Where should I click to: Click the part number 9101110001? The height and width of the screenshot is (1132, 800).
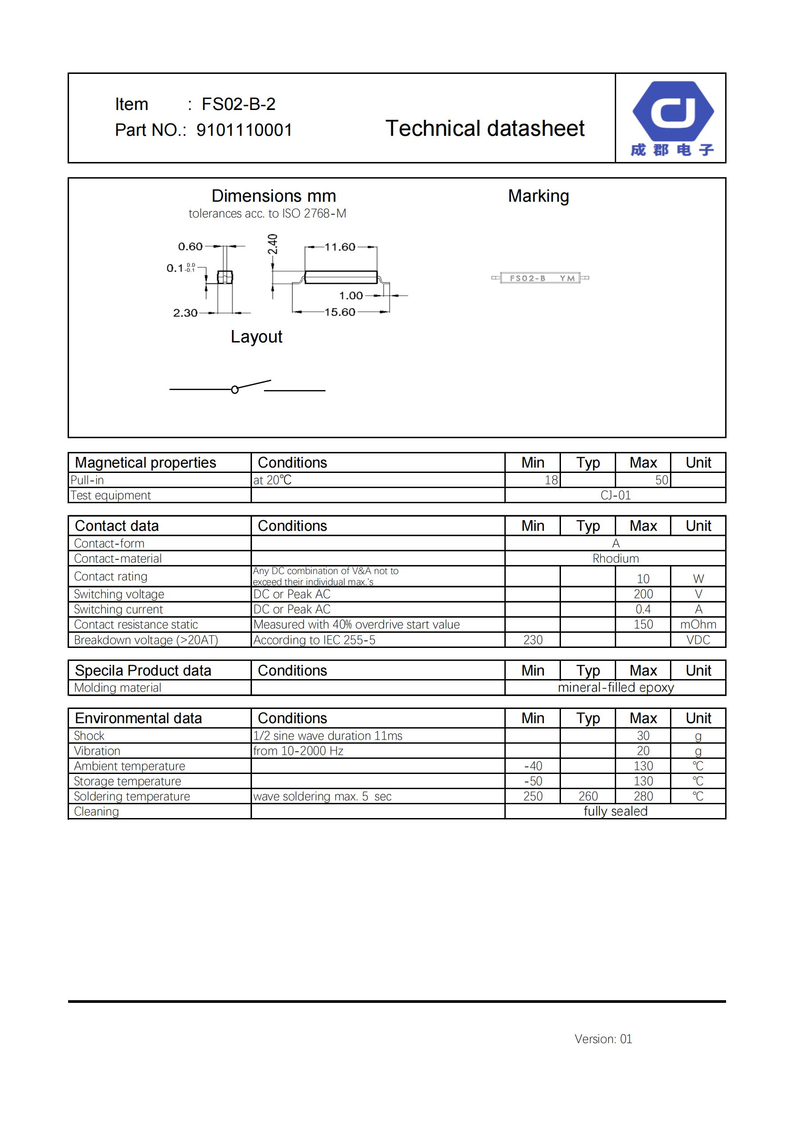click(244, 130)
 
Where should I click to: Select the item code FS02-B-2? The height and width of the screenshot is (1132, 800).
click(239, 104)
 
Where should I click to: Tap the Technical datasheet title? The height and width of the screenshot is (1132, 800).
click(484, 129)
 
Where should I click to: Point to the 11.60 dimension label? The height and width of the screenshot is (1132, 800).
click(340, 247)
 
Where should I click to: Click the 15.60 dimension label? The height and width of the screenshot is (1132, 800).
click(340, 312)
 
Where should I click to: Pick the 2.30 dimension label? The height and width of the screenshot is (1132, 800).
click(185, 313)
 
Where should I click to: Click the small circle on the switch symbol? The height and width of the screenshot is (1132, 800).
click(235, 390)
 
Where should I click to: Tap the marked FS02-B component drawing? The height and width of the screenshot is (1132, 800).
click(540, 278)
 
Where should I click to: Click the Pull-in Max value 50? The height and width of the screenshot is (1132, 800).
click(662, 480)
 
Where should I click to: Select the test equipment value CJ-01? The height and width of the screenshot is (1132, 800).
click(615, 496)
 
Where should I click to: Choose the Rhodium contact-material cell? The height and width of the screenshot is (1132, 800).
click(615, 558)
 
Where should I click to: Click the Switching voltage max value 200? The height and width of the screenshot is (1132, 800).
click(643, 594)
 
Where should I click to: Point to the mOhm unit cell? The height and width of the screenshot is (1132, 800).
click(698, 625)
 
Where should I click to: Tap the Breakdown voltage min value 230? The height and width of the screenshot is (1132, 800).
click(532, 640)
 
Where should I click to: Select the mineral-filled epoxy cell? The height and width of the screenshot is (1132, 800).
click(615, 688)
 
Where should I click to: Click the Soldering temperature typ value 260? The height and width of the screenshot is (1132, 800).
click(588, 796)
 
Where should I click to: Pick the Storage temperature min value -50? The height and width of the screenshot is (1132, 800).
click(532, 782)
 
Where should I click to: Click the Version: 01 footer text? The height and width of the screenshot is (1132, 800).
click(603, 1039)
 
